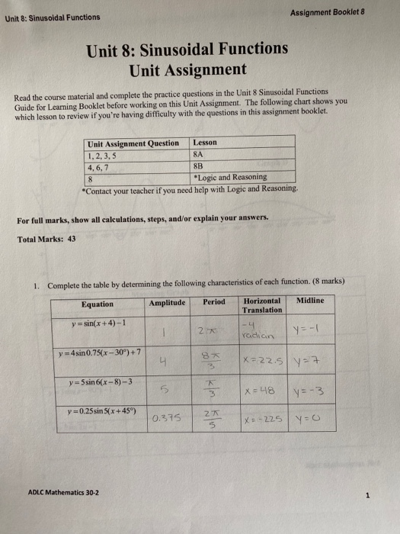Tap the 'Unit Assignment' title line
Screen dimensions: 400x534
pyautogui.click(x=187, y=70)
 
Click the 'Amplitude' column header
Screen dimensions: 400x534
pyautogui.click(x=169, y=302)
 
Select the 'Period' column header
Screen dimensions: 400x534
pyautogui.click(x=214, y=302)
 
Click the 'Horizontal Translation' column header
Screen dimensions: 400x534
pyautogui.click(x=262, y=305)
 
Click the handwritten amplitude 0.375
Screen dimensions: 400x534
pyautogui.click(x=165, y=418)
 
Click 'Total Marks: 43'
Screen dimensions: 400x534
pyautogui.click(x=46, y=239)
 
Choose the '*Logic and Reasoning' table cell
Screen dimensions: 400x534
pyautogui.click(x=229, y=177)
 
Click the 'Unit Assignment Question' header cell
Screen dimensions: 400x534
pyautogui.click(x=134, y=143)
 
